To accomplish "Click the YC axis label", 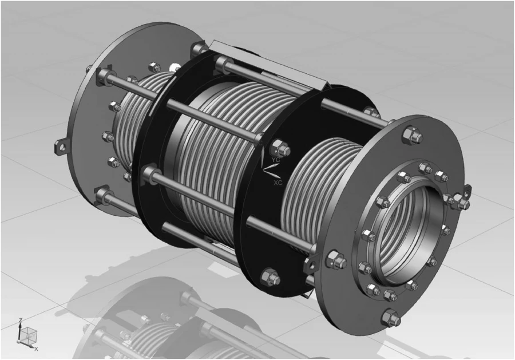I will tap(276, 159).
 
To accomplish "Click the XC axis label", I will tap(278, 183).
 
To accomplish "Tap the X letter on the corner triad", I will tap(36, 348).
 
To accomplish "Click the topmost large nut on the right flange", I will tap(410, 136).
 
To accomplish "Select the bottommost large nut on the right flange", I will tap(390, 316).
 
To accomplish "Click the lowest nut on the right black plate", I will tap(268, 277).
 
